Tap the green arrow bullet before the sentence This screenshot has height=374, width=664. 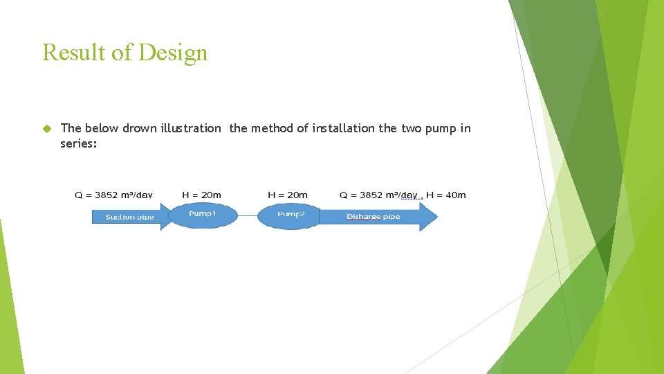(47, 128)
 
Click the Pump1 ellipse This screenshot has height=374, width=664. (202, 215)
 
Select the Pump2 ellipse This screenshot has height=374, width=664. (290, 215)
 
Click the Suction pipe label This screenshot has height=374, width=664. (129, 217)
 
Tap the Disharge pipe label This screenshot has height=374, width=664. (373, 217)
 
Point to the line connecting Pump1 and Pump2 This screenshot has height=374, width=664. (248, 216)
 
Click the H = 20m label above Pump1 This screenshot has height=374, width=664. (201, 195)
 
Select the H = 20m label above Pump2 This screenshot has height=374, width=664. (288, 195)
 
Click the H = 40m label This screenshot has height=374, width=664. (446, 195)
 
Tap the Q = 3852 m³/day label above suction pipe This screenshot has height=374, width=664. (114, 195)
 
